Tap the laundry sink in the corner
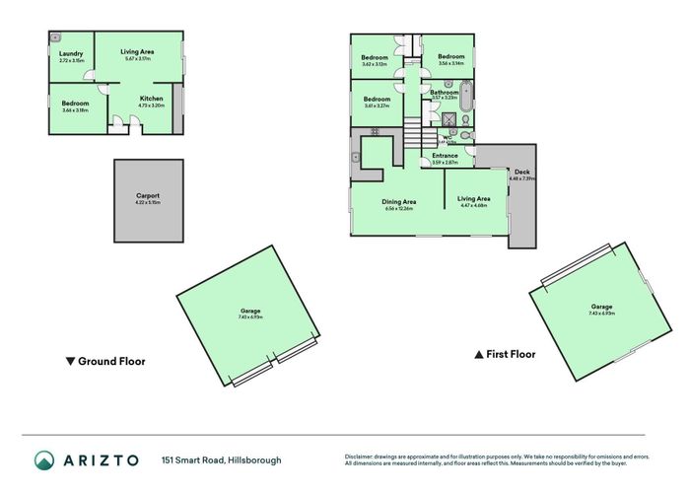coord(56,37)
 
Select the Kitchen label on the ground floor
coord(151,98)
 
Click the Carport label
coord(148,195)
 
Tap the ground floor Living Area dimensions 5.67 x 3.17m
coord(138,58)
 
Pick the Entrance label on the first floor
coord(445,155)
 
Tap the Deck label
coord(521,172)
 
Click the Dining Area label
coord(399,202)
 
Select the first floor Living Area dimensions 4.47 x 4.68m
coord(474,206)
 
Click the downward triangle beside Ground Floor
coord(69,361)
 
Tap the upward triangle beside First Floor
coord(479,353)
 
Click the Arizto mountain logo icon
coord(44,460)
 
